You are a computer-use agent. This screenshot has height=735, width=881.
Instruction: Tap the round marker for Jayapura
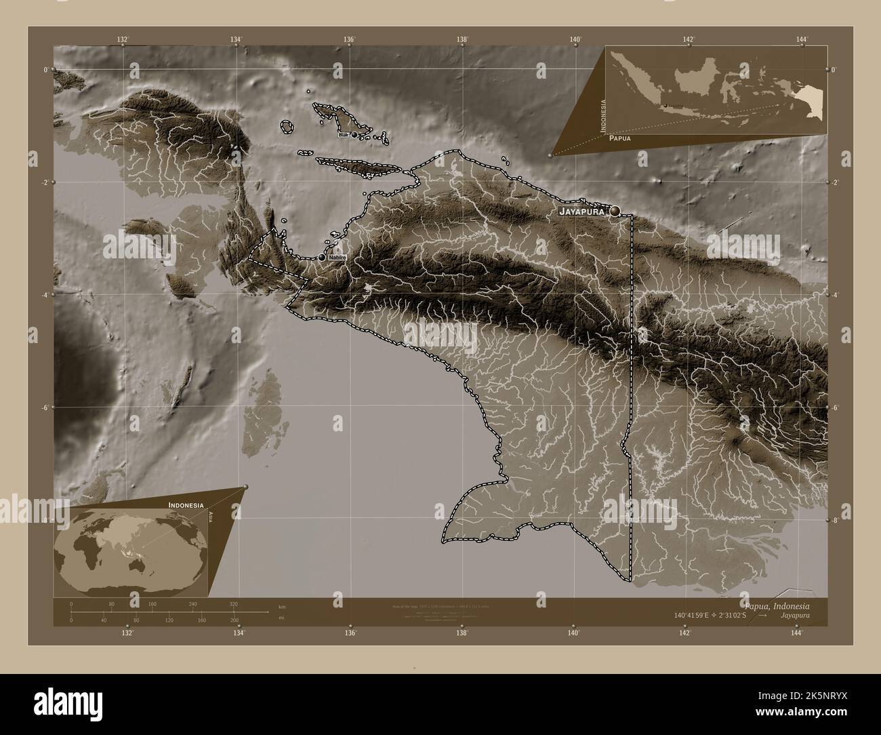click(615, 212)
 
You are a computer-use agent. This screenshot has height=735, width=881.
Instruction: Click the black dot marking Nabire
click(322, 258)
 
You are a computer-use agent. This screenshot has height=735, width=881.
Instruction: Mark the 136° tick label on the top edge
click(349, 40)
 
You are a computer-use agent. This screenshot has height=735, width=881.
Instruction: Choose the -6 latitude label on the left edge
click(46, 408)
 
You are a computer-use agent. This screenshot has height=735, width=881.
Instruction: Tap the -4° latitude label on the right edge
click(834, 295)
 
